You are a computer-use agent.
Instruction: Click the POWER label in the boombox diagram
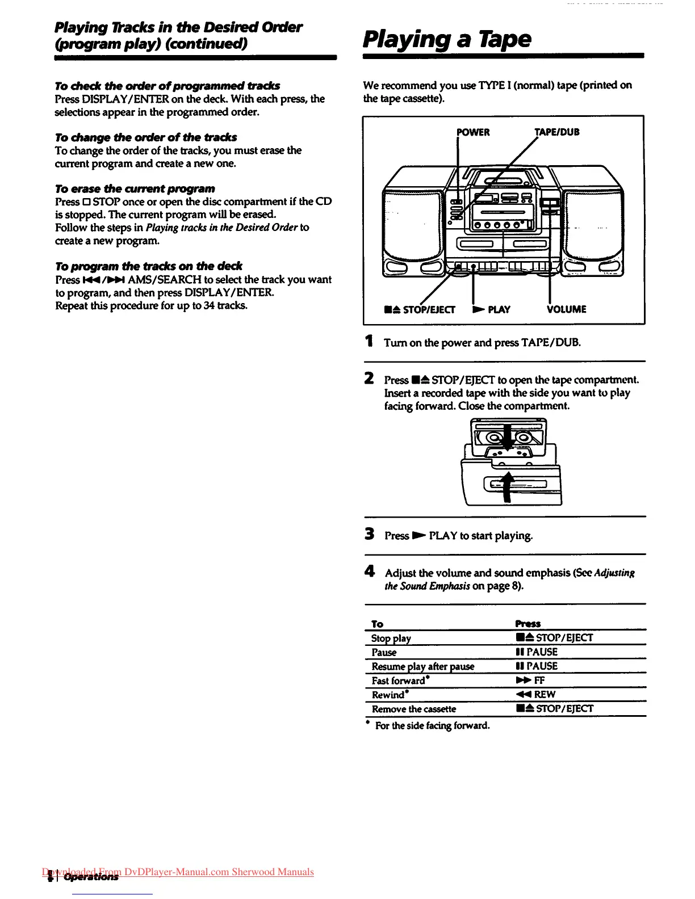[x=473, y=132]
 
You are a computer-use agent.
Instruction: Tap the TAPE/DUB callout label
[x=556, y=132]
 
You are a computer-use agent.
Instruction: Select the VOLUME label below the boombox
[x=566, y=309]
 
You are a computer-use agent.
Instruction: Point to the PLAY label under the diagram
[x=492, y=309]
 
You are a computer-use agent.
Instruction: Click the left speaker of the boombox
[x=413, y=224]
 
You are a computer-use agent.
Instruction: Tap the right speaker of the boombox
[x=594, y=224]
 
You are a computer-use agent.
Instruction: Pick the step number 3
[x=370, y=534]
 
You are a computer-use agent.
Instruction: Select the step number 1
[x=369, y=342]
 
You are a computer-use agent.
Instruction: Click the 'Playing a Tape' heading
[x=447, y=39]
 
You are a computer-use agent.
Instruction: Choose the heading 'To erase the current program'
[x=135, y=188]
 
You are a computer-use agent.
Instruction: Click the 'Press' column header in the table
[x=527, y=624]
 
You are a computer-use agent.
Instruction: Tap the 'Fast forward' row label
[x=399, y=680]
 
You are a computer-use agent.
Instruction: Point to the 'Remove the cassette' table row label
[x=413, y=709]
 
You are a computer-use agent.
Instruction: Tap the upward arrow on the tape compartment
[x=507, y=486]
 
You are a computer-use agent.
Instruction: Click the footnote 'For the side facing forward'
[x=432, y=725]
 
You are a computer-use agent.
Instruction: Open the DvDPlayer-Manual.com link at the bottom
[x=178, y=872]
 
